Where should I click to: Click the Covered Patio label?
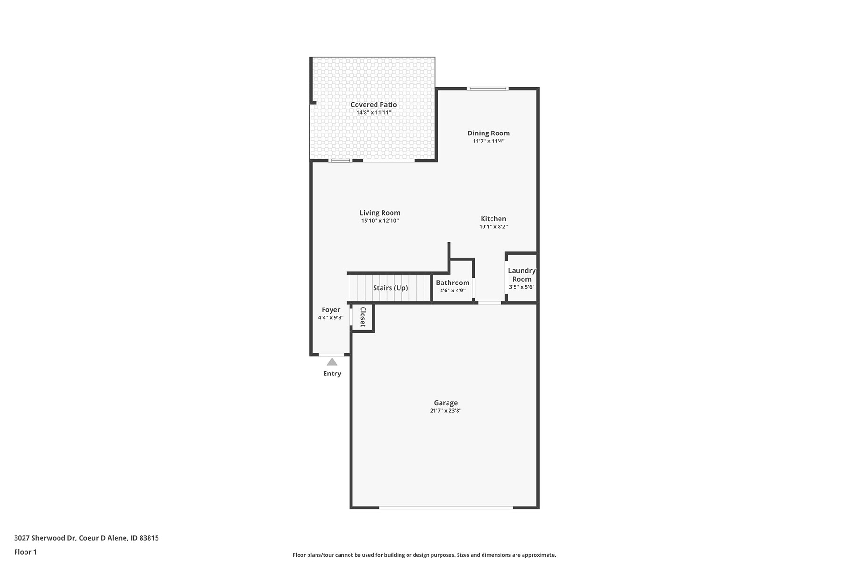374,105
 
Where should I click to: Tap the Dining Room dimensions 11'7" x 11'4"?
489,141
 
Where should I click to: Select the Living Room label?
380,213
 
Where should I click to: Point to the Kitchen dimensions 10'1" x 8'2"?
493,227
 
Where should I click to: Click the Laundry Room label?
522,275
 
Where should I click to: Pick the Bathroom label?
453,283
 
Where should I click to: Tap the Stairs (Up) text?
391,288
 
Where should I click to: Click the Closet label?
363,317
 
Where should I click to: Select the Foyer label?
331,310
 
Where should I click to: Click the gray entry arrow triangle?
332,362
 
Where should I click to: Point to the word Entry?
332,374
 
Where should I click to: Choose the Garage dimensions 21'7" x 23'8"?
446,411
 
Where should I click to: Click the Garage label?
446,403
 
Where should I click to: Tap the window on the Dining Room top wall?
488,88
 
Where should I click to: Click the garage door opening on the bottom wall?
446,508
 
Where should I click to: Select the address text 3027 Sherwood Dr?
45,538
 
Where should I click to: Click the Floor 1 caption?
25,552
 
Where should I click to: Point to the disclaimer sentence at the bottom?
424,555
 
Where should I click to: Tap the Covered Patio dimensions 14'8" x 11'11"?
374,113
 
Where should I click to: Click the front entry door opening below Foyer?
332,354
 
